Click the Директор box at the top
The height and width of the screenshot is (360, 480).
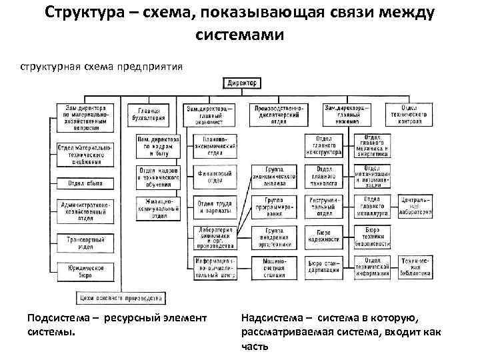click(x=242, y=83)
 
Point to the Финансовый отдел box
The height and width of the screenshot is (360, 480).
click(x=213, y=177)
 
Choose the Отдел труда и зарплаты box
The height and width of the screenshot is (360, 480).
click(x=213, y=209)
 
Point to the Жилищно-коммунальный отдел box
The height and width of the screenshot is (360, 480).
click(x=158, y=208)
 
